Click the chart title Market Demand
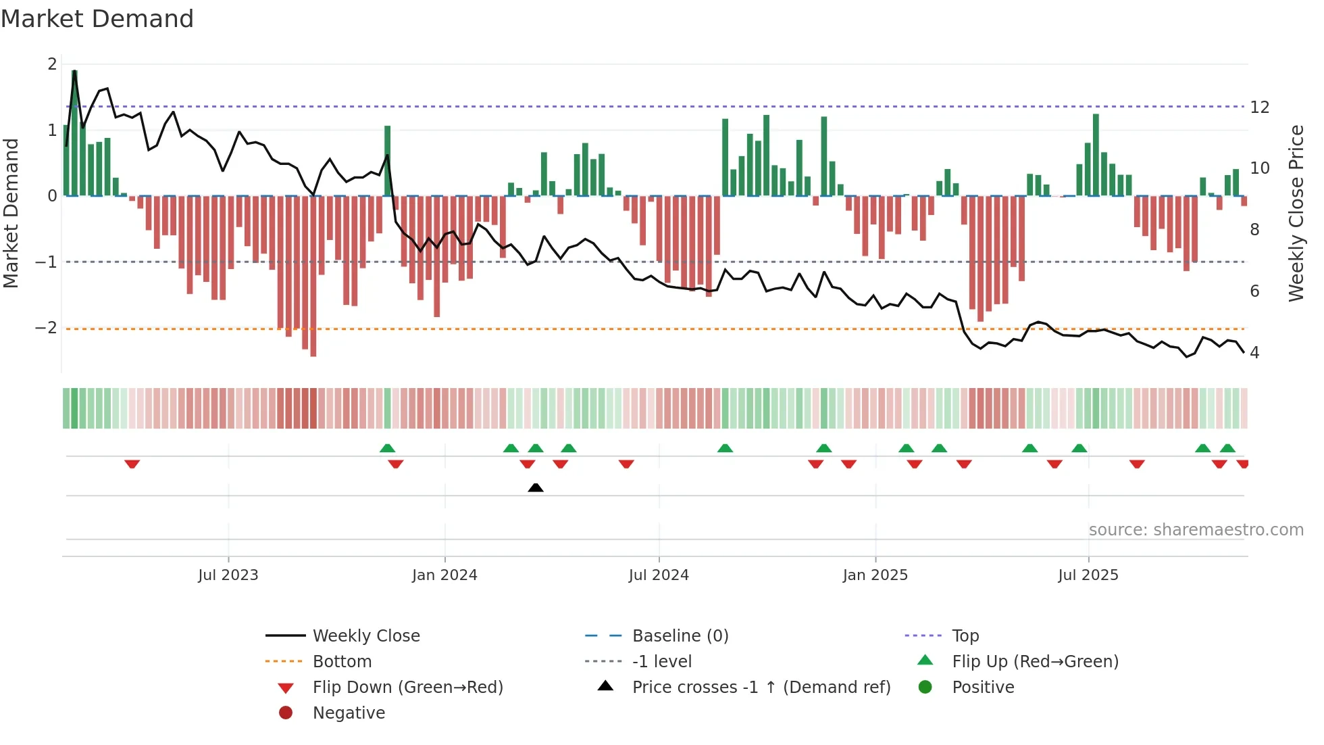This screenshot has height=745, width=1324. (97, 19)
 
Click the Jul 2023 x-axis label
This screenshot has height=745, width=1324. (228, 575)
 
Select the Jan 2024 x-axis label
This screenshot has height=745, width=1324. (444, 575)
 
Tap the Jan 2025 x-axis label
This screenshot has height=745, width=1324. (875, 575)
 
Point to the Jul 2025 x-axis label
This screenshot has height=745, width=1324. (1088, 575)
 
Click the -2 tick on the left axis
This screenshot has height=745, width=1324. (47, 328)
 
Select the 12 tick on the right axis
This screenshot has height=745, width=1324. (1259, 107)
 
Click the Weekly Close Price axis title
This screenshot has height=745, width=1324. (1296, 213)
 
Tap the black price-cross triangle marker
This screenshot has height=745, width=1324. (536, 487)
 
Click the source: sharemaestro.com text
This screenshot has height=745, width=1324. (1196, 530)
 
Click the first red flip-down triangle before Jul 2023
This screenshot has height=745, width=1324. (132, 464)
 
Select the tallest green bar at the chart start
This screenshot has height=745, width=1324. (74, 133)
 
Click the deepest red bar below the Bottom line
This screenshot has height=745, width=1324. (313, 276)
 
